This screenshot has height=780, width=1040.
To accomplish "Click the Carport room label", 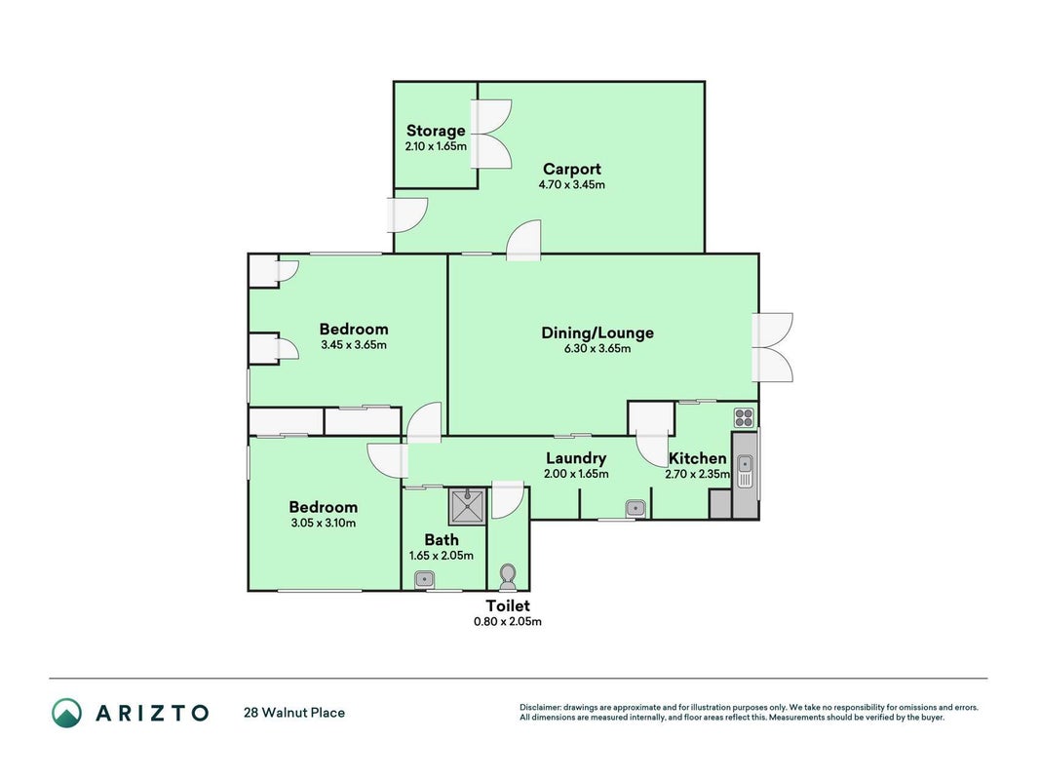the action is coord(572,169).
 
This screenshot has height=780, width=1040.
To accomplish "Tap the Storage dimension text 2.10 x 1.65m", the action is coord(436,146).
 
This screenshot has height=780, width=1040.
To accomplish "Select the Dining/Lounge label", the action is coord(597,332).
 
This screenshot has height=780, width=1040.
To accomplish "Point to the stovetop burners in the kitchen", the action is coord(744,418).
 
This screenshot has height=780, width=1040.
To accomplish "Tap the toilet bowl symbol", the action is coord(508,576).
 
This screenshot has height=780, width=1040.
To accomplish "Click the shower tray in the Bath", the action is coord(468,506).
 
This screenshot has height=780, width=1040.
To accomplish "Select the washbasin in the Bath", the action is coord(424,579).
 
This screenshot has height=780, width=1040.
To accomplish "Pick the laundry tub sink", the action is coord(635,509).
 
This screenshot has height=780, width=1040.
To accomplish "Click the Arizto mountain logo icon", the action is coord(67,713).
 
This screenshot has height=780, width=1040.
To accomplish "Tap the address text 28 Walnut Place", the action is coord(294,713).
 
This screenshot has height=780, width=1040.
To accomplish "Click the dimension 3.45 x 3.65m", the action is coord(354,345).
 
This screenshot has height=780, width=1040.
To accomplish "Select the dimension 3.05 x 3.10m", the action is coord(323,524).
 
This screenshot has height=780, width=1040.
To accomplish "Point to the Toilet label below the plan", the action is coord(508,605).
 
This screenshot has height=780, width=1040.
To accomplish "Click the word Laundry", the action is coord(576,458).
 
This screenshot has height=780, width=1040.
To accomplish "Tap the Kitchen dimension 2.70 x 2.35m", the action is coord(698,474).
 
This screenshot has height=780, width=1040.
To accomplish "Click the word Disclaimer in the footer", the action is coord(540,708).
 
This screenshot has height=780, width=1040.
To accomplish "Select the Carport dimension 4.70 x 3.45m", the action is coord(572,185).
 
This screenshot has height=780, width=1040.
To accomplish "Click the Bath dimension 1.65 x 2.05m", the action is coord(442,556).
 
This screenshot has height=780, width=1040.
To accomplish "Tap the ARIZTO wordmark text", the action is coord(152,713).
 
